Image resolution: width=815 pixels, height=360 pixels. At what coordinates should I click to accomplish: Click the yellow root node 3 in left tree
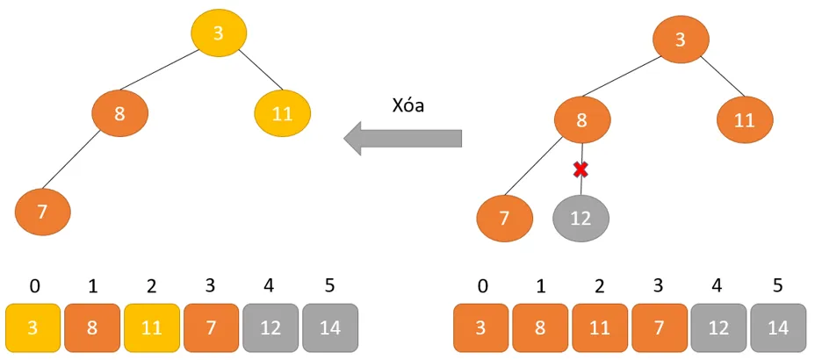219,33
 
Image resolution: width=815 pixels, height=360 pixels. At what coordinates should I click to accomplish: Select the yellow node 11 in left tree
282,113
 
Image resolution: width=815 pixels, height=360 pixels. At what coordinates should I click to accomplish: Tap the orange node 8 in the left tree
120,113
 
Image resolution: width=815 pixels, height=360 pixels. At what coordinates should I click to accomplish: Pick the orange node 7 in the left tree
42,212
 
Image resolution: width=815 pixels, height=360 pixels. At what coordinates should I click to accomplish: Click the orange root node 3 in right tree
681,40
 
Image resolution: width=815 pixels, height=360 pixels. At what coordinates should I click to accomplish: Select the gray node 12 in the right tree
581,218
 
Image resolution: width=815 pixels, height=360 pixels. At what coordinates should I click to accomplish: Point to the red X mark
580,169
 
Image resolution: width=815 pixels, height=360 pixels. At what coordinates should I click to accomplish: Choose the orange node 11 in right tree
744,121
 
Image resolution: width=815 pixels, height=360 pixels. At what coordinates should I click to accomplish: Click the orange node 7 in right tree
504,218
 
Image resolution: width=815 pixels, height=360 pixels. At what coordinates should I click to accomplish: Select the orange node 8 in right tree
581,121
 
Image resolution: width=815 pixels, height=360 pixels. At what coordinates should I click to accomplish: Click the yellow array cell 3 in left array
33,328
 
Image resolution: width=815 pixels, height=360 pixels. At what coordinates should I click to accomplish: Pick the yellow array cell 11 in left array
152,328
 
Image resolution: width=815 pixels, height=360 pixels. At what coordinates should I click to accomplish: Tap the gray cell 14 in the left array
330,328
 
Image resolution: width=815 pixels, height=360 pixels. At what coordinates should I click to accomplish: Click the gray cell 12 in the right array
718,328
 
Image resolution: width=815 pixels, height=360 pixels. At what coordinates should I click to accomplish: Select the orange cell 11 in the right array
600,328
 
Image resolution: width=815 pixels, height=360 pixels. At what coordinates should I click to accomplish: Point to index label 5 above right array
778,286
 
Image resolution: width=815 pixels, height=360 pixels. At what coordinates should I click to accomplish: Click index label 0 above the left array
34,286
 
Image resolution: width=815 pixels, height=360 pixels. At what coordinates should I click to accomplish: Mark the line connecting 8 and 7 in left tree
81,163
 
